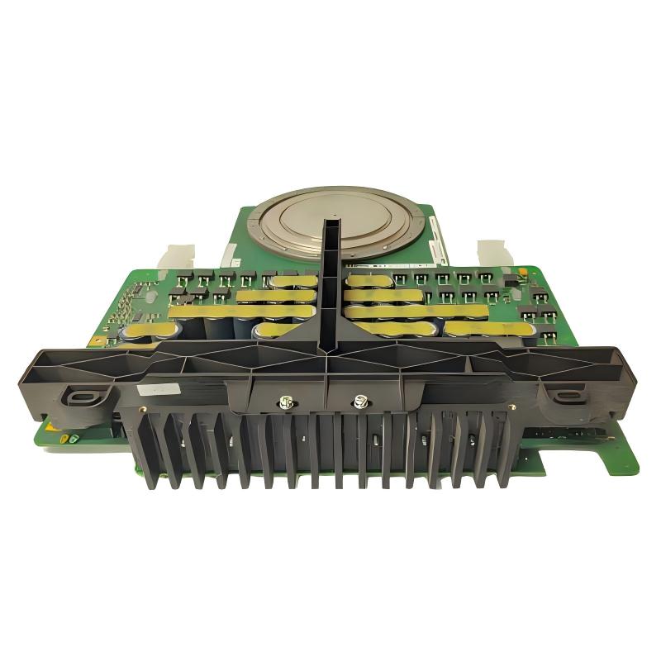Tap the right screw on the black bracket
tap(359, 402)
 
